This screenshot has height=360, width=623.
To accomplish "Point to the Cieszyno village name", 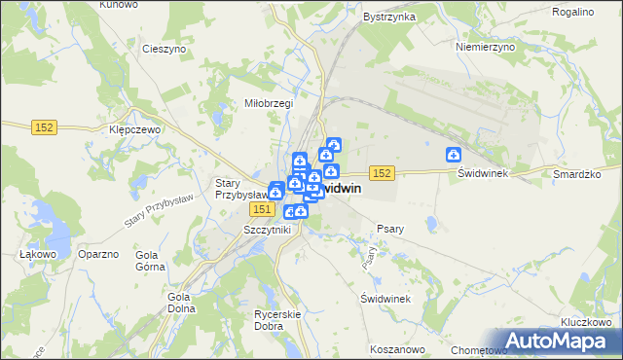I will pyautogui.click(x=163, y=48).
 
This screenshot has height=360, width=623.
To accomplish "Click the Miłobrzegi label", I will pyautogui.click(x=268, y=102).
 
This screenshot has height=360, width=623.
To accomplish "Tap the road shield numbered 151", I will pyautogui.click(x=260, y=209).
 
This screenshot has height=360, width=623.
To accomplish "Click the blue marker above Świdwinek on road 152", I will pyautogui.click(x=454, y=154).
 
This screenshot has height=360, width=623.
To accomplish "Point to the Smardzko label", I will pyautogui.click(x=573, y=172).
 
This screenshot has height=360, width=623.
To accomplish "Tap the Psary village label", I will pyautogui.click(x=389, y=229).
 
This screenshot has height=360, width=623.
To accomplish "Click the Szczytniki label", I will pyautogui.click(x=266, y=229).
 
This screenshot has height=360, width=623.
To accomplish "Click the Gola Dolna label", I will pyautogui.click(x=179, y=303).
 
